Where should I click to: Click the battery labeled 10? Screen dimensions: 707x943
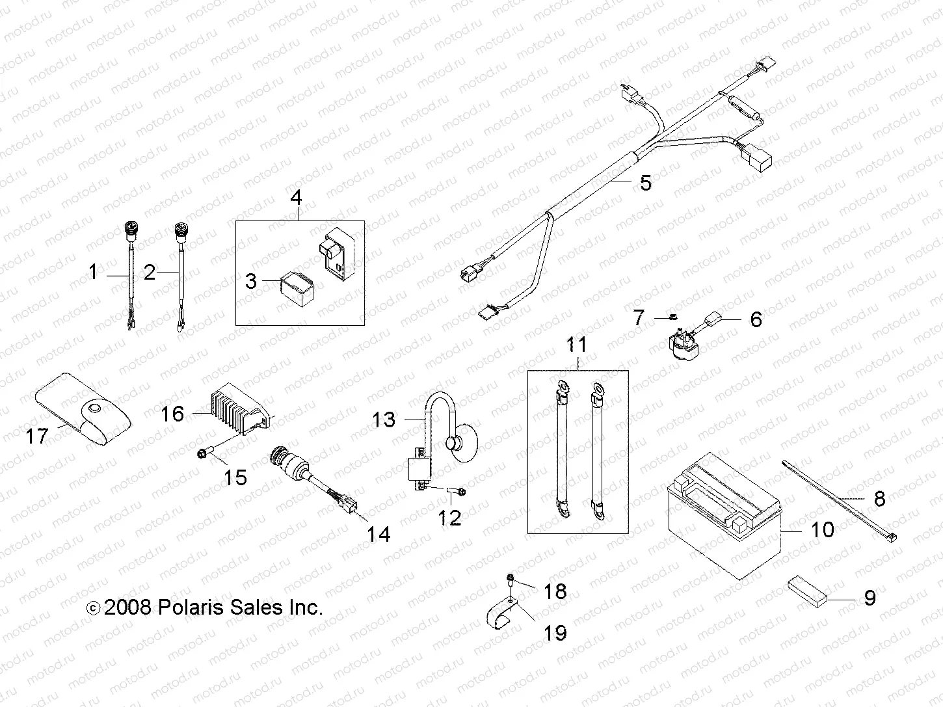tap(722, 520)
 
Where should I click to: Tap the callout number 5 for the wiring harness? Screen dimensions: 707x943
tap(644, 183)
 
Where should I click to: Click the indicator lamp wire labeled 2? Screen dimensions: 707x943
tap(179, 273)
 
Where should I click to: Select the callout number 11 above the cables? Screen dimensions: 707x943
tap(576, 345)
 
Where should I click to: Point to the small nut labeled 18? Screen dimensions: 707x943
tap(511, 578)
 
